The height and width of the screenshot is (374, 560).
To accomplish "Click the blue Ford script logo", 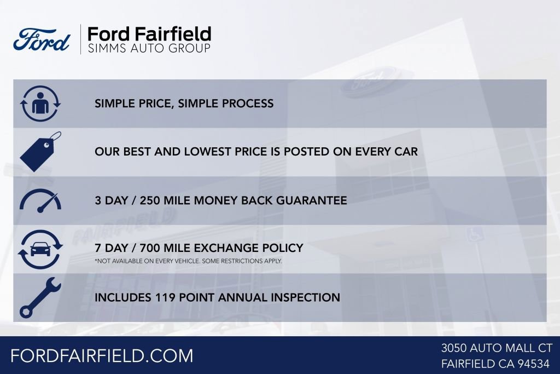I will [42, 40].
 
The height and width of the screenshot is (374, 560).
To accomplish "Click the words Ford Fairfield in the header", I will [149, 33].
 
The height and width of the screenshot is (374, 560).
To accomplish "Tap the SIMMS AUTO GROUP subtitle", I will [149, 49].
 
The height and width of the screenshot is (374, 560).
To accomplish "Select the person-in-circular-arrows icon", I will [40, 103].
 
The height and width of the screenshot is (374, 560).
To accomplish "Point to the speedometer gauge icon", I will [40, 200].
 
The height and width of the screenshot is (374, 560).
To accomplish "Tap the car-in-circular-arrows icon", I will [40, 249].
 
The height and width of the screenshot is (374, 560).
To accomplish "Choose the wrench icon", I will [39, 297].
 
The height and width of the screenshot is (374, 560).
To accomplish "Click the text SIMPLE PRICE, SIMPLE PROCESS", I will [184, 103].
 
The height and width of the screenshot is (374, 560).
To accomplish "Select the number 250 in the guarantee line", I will [151, 200].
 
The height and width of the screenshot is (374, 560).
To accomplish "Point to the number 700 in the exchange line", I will [151, 249].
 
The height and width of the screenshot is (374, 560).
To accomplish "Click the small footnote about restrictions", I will [188, 261].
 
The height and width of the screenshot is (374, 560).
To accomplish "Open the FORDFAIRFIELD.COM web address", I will [102, 355].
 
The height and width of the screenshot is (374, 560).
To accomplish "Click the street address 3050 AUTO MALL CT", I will [497, 348].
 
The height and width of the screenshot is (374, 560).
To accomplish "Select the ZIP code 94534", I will [535, 364].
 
